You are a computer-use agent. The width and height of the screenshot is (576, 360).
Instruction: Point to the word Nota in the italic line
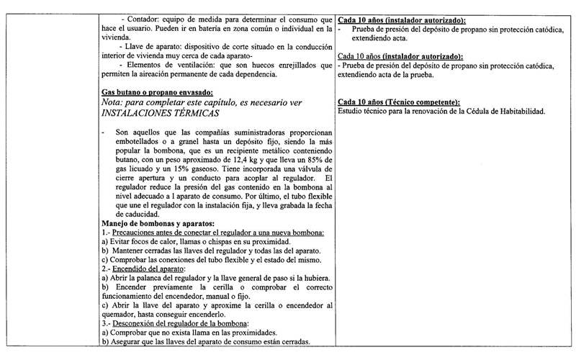[116, 103]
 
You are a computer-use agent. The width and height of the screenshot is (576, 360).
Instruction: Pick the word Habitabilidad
[516, 112]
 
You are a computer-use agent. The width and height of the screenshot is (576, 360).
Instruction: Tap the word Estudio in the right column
[351, 112]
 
